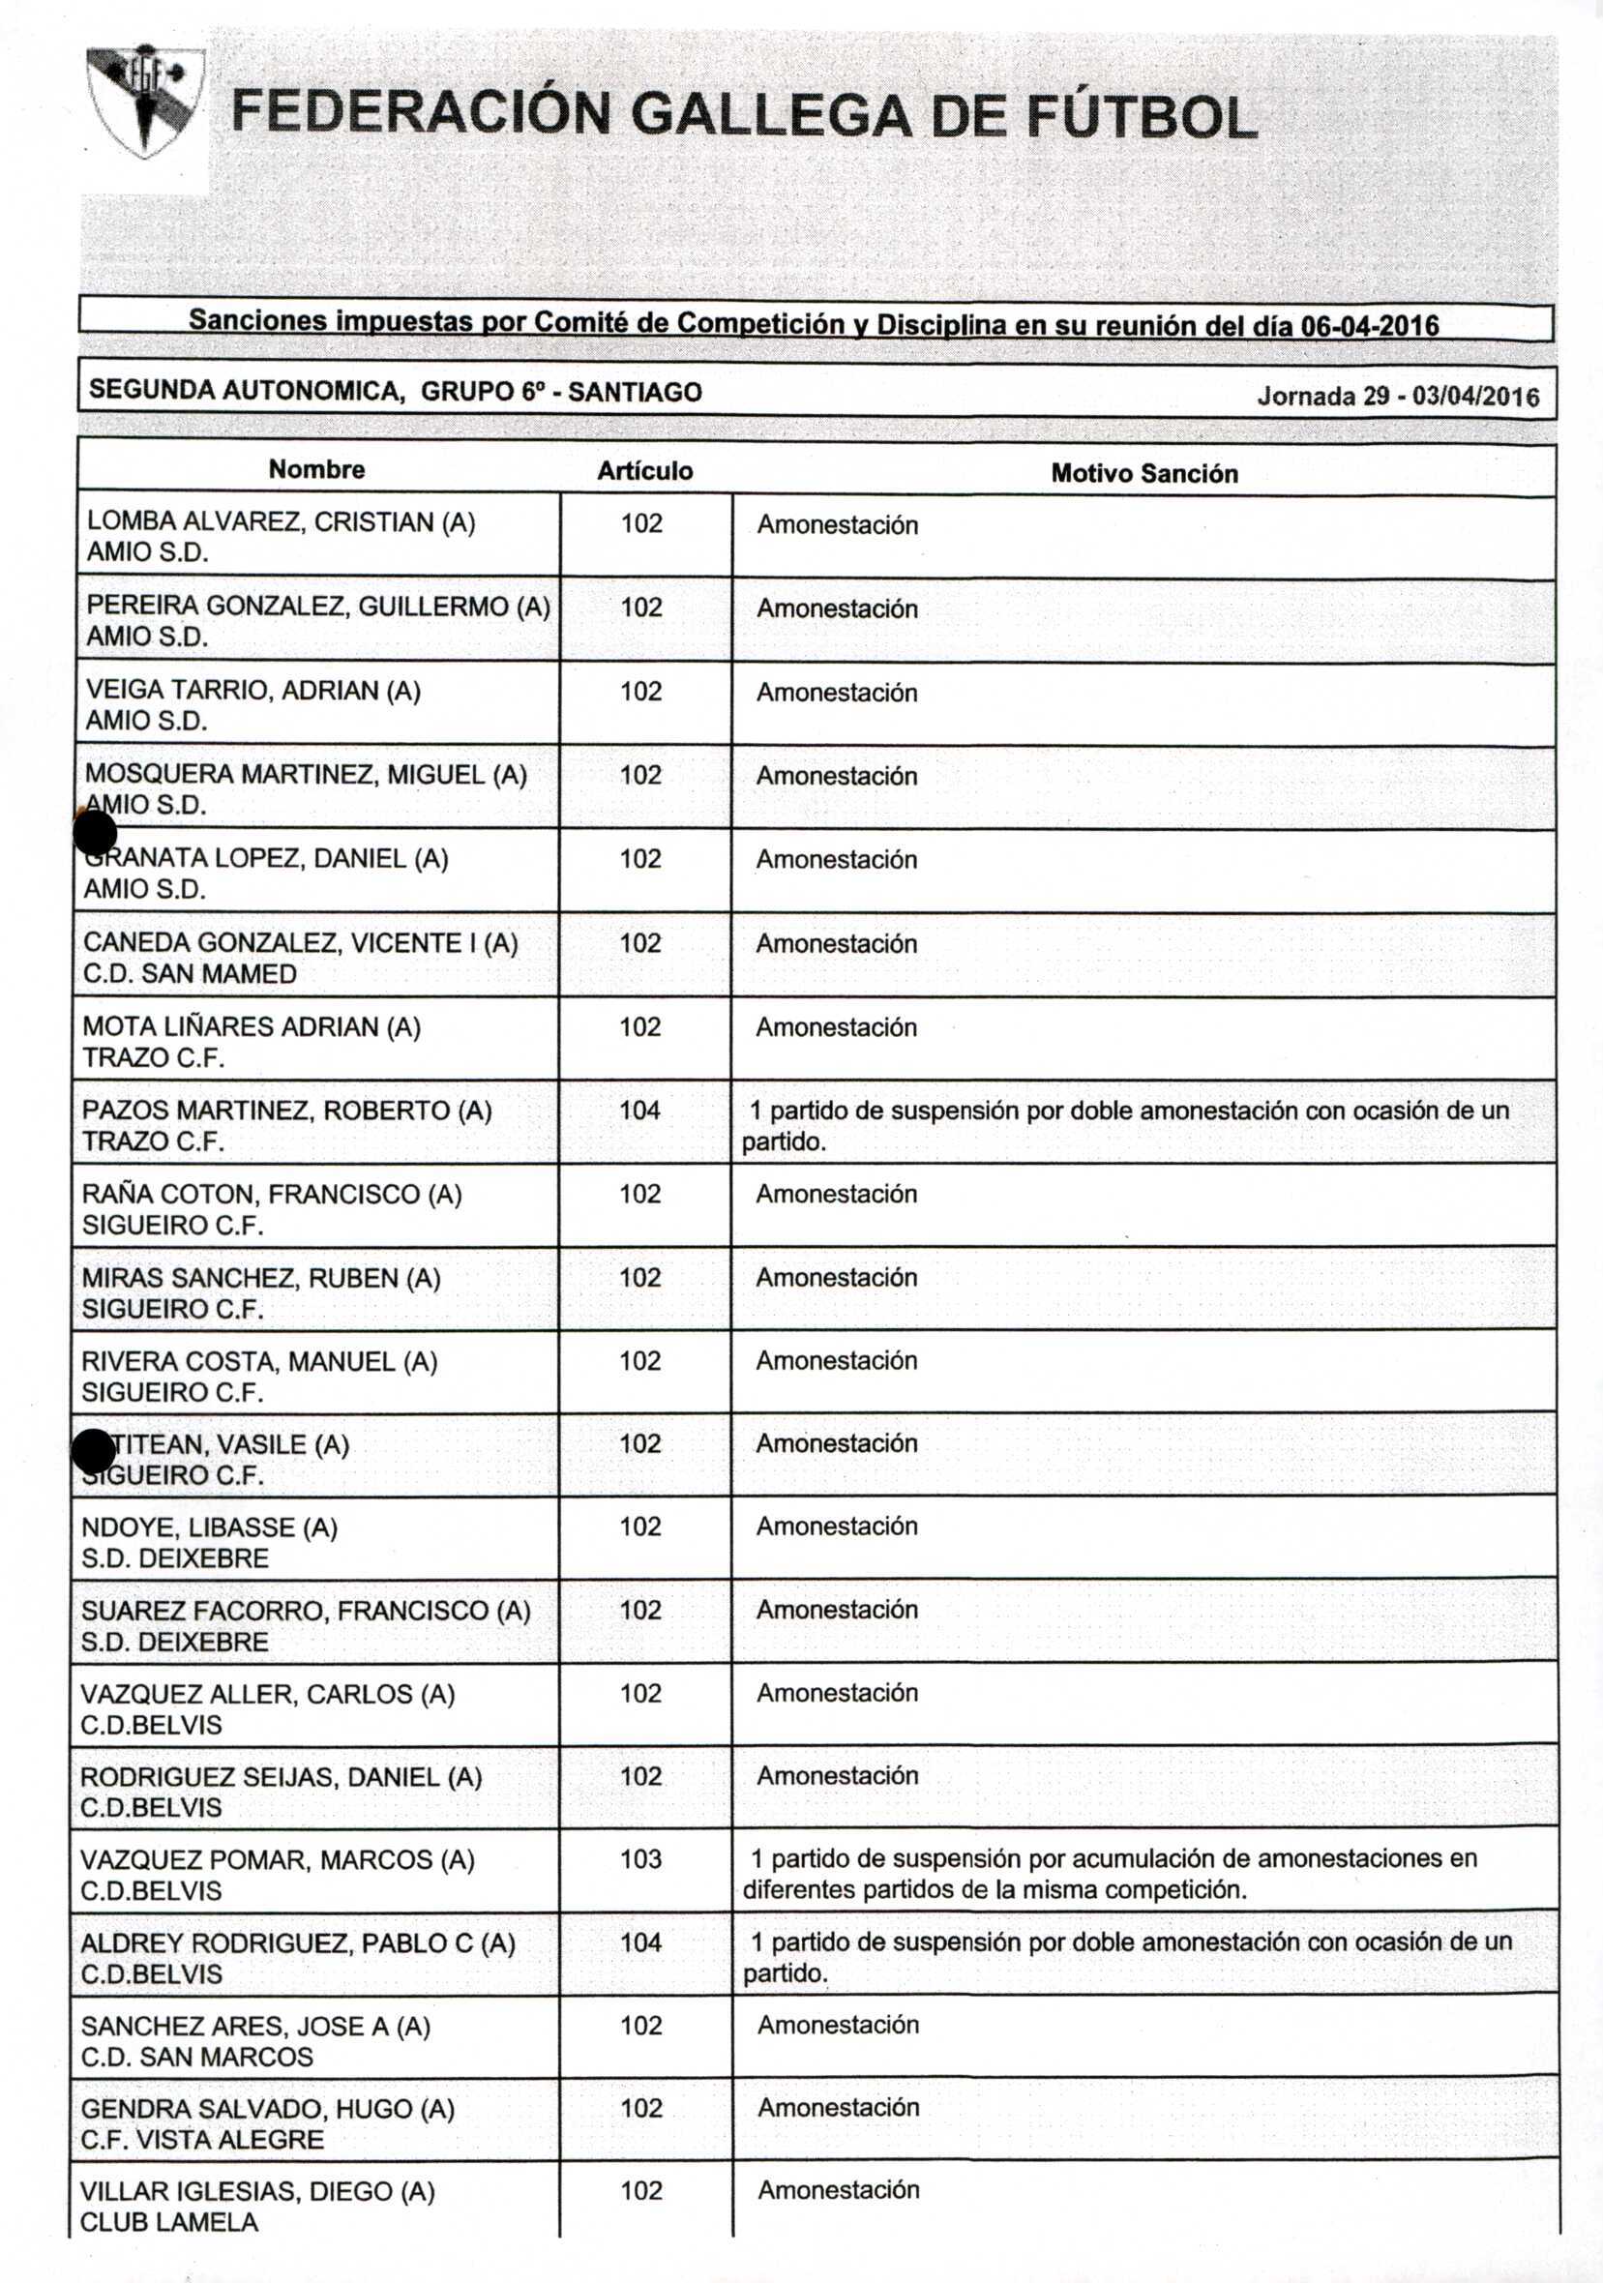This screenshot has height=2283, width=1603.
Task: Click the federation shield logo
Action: click(x=145, y=102)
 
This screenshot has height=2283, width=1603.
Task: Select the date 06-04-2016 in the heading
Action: click(x=1369, y=326)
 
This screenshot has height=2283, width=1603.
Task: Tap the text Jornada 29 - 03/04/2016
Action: click(x=1397, y=397)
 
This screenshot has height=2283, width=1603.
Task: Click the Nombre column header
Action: click(x=316, y=469)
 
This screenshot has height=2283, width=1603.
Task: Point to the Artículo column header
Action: click(x=644, y=471)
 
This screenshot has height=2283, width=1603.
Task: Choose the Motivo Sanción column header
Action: click(x=1143, y=473)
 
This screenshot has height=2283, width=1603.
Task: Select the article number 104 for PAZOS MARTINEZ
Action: click(x=640, y=1110)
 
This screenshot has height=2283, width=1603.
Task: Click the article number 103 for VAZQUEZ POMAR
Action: click(x=640, y=1858)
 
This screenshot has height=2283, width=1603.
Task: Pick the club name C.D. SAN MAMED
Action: click(x=190, y=973)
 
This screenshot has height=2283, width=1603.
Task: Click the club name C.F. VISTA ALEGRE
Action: click(x=202, y=2140)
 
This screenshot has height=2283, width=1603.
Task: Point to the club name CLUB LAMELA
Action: click(x=168, y=2222)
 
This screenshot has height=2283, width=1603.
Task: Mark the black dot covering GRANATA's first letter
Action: click(x=96, y=832)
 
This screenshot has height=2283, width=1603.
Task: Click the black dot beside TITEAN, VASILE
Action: click(x=94, y=1452)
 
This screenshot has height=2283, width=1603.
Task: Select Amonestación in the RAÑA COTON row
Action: click(x=836, y=1193)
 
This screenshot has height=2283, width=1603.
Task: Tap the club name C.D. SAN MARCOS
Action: click(x=197, y=2057)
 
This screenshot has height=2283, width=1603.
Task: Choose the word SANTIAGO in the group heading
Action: click(x=635, y=392)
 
